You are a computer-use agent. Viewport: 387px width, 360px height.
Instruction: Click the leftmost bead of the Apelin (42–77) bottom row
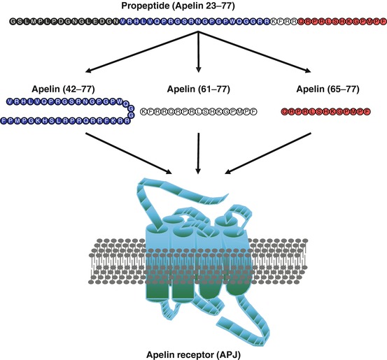point(5,120)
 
